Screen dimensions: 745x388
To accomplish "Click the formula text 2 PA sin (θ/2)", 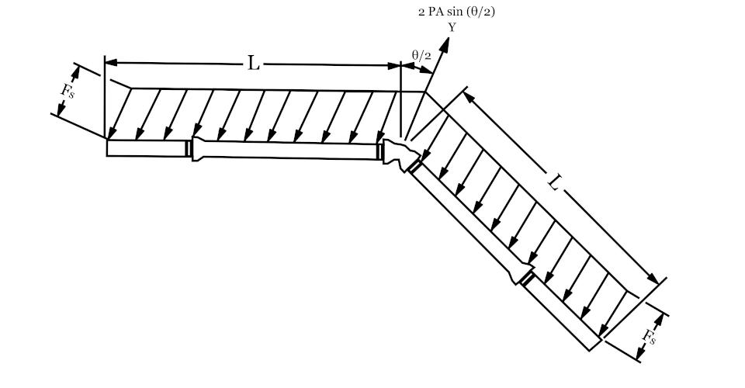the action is pyautogui.click(x=456, y=12).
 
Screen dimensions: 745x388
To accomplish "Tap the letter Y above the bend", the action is pyautogui.click(x=452, y=27).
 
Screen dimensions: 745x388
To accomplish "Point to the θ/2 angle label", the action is pyautogui.click(x=421, y=56).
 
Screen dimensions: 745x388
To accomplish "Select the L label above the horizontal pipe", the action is pyautogui.click(x=254, y=63).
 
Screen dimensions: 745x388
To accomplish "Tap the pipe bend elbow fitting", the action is pyautogui.click(x=401, y=154).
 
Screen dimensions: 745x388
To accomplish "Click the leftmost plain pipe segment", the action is pyautogui.click(x=146, y=147).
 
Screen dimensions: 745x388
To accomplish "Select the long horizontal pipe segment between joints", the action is pyautogui.click(x=285, y=150).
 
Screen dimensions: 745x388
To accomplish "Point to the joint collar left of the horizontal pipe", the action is pyautogui.click(x=189, y=148).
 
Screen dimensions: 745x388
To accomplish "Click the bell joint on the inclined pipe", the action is pyautogui.click(x=522, y=272).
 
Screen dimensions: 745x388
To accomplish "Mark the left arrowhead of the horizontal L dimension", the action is pyautogui.click(x=111, y=62).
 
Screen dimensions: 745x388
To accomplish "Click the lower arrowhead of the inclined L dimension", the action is pyautogui.click(x=653, y=279).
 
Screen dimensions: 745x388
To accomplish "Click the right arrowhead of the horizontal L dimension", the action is pyautogui.click(x=395, y=65).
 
